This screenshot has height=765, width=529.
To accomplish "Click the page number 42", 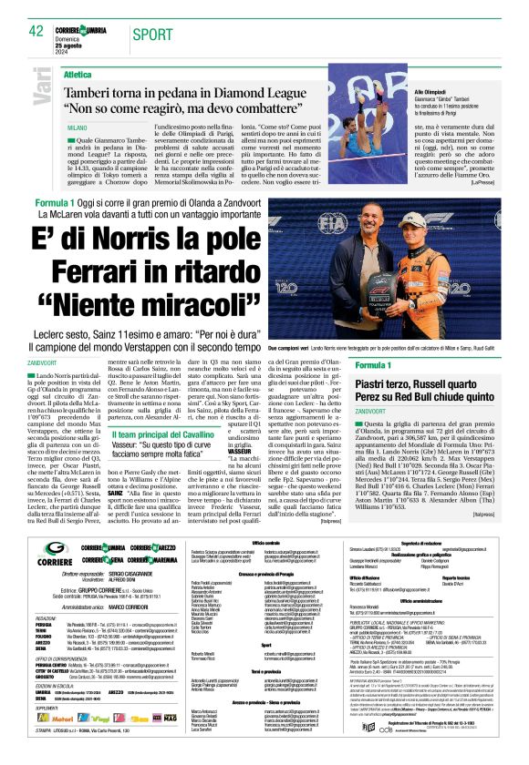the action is click(36, 30).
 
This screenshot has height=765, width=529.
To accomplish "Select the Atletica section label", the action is click(78, 74).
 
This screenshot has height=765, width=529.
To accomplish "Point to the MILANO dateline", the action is click(77, 129).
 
